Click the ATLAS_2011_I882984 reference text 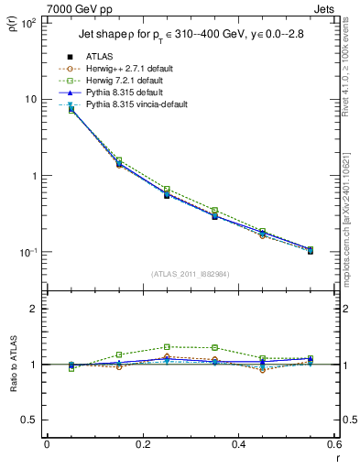coord(191,274)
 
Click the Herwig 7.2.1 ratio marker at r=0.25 coord(166,347)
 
